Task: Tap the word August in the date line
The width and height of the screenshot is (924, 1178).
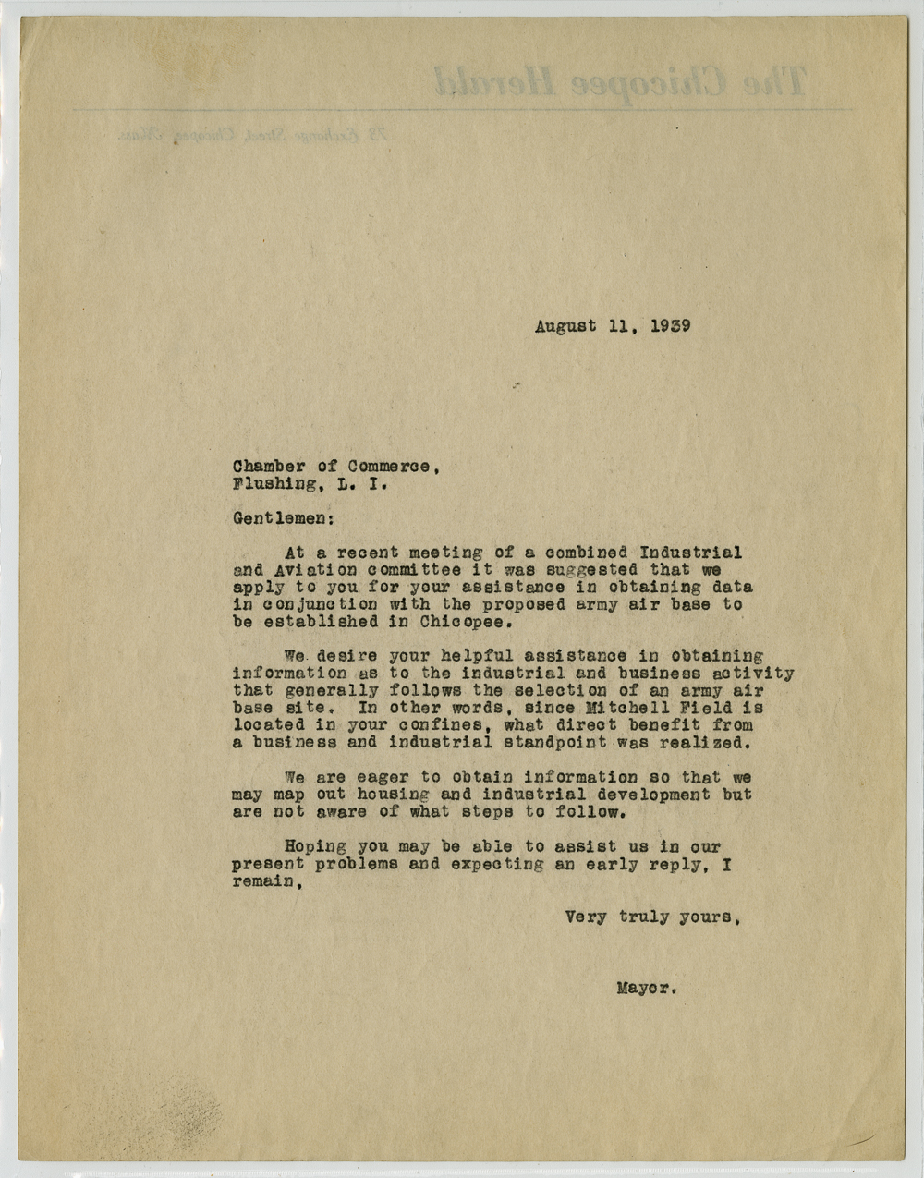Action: (x=565, y=326)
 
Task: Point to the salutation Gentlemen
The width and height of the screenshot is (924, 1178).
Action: (x=278, y=519)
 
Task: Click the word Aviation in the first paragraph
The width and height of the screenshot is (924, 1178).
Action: (x=306, y=570)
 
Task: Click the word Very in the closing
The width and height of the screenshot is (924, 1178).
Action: (x=586, y=918)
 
